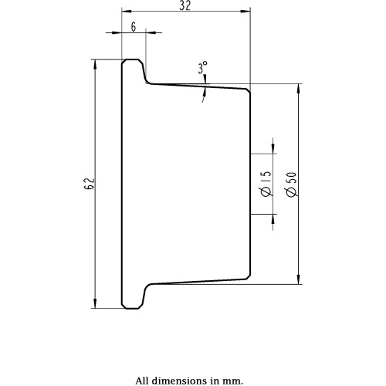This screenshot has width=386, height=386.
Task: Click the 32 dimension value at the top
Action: (185, 5)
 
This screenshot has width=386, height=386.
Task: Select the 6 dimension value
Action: (134, 27)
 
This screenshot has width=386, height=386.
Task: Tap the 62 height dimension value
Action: (90, 184)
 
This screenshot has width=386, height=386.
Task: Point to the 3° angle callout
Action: (202, 67)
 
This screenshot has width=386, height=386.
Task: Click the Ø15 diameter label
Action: (266, 184)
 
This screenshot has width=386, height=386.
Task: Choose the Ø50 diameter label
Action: (292, 185)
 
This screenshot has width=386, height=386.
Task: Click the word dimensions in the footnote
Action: (181, 381)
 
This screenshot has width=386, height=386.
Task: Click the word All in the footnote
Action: (142, 381)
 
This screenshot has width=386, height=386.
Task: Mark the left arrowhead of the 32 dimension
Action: (127, 12)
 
